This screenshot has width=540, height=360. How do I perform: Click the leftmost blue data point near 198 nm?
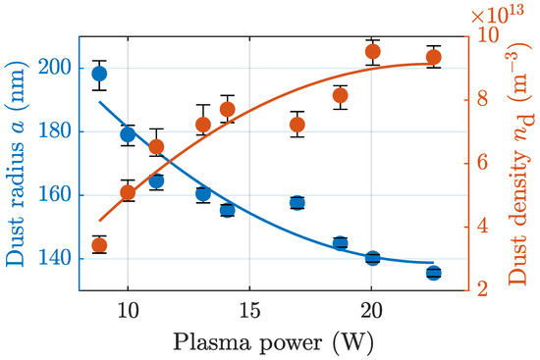[99, 74]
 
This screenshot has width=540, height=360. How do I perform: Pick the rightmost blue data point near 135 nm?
[434, 273]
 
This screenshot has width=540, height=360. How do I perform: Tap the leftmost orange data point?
[99, 246]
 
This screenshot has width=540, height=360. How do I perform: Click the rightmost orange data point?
[434, 57]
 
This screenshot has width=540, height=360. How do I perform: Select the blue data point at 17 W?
[297, 203]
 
